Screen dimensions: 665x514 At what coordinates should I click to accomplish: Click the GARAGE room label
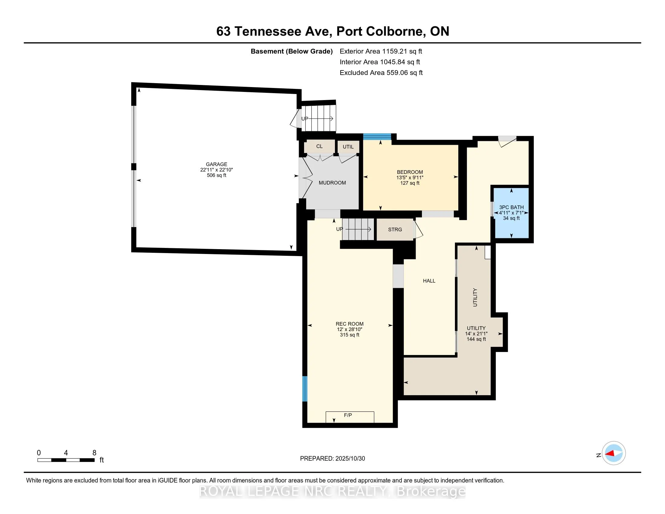216,164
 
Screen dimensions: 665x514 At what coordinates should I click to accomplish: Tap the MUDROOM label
332,183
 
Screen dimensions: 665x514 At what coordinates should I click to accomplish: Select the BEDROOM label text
410,172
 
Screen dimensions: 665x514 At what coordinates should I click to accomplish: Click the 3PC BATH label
511,207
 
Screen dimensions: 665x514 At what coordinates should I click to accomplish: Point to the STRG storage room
395,229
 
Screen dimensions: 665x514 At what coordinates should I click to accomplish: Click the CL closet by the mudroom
320,146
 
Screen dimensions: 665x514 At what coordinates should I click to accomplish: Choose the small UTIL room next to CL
348,147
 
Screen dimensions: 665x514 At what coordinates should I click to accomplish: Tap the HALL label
429,281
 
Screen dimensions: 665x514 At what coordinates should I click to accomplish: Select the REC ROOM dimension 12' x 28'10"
349,330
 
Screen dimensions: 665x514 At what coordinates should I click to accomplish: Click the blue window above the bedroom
377,137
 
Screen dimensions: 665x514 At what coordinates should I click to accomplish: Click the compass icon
614,453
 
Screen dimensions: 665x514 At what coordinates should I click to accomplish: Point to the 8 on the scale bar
94,453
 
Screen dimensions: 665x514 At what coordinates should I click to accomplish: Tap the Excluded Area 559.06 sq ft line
381,73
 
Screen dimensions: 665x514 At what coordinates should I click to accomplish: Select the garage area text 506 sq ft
216,175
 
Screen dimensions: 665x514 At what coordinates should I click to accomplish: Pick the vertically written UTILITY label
475,297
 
